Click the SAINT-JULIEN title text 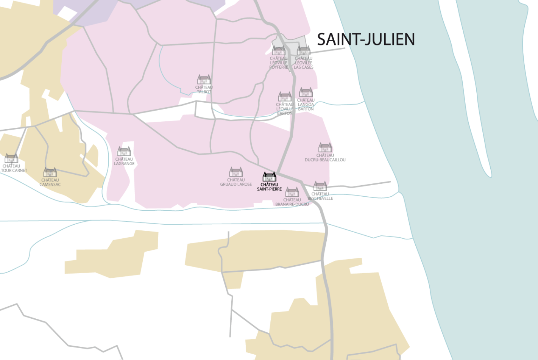pos(366,39)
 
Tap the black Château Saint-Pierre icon pos(270,177)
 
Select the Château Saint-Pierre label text pos(270,187)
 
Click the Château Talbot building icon pos(204,80)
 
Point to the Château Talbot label pos(204,89)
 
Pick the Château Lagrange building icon pos(124,152)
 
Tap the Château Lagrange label pos(124,161)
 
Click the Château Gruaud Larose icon pos(236,172)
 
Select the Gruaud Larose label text pos(236,182)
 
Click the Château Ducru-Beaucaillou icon pos(325,147)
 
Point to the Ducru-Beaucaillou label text pos(325,158)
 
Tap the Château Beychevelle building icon pos(320,186)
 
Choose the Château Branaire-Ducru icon pos(292,192)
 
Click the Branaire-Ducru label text pos(292,202)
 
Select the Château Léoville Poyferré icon pos(279,51)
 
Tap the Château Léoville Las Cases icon pos(304,51)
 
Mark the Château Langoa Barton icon pos(306,92)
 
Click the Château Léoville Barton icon pos(285,97)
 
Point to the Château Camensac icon pos(50,172)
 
